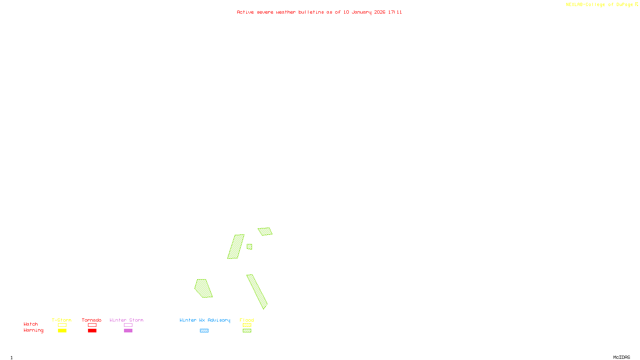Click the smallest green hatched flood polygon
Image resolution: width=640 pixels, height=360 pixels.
pos(249,247)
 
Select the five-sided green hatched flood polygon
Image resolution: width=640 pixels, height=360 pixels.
pos(203,288)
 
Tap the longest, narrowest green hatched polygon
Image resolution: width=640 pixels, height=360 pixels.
pos(257,291)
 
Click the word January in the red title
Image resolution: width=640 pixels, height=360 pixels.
pos(361,12)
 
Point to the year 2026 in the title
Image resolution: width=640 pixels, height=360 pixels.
pos(380,12)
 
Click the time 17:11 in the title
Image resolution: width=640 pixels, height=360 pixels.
pos(395,12)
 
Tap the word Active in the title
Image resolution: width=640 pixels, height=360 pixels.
pos(245,12)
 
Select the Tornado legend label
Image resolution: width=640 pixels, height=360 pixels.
pos(92,320)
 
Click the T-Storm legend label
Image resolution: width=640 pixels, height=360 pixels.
pos(62,320)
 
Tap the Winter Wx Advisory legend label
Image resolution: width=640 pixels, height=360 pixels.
pos(205,320)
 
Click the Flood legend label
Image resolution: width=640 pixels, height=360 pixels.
pos(247,320)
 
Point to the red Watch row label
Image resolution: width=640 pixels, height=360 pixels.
pos(31,324)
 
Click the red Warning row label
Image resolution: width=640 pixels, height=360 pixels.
pos(33,330)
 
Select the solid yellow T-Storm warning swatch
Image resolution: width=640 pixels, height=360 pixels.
pos(62,331)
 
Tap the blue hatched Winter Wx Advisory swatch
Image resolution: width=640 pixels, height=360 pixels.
pos(204,331)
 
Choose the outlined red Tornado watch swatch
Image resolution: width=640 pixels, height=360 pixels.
pos(92,325)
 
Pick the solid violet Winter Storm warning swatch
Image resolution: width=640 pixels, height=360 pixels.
pos(128,331)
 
